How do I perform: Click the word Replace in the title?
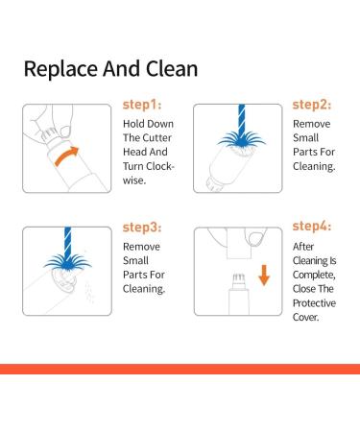[60, 69]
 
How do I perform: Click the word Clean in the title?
[172, 68]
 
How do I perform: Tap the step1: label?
[142, 105]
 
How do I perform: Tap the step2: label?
[312, 105]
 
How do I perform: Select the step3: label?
[142, 228]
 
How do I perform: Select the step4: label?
[312, 226]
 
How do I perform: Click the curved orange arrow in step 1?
[66, 156]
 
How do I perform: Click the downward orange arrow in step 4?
[264, 275]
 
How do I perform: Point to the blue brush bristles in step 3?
[67, 263]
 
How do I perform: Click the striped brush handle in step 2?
[242, 117]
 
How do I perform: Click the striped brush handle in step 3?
[67, 240]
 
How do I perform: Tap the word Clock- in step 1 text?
[156, 166]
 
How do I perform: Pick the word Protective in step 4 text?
[314, 303]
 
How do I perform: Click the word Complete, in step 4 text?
[314, 275]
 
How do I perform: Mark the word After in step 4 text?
[303, 247]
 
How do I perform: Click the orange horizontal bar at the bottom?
[180, 369]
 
